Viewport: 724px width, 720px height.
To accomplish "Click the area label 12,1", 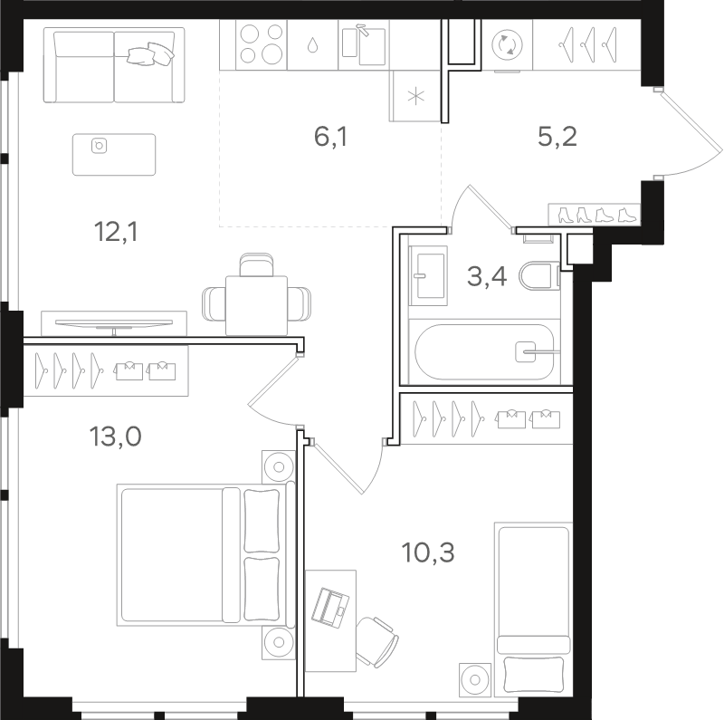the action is click(116, 232).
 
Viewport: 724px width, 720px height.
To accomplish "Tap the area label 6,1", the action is click(330, 137).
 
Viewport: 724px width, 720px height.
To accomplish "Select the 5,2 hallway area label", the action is click(557, 137).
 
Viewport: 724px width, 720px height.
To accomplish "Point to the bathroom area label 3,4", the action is click(487, 277).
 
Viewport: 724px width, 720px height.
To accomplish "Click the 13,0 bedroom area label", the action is click(116, 437).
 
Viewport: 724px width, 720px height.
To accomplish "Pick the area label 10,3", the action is click(428, 552).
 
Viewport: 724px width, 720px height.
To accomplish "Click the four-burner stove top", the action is click(262, 44).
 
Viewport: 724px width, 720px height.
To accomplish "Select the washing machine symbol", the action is click(507, 45).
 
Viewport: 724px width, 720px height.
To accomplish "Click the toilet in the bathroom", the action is click(539, 276).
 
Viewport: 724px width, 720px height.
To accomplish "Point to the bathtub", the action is click(484, 352).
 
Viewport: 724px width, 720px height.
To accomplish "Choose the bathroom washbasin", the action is click(428, 275).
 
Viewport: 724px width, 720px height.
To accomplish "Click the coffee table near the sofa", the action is click(114, 155).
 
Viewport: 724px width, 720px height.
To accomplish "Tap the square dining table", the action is click(256, 305).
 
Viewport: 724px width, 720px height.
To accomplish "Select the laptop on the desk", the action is click(330, 608).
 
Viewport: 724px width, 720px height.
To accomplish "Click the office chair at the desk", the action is click(376, 641).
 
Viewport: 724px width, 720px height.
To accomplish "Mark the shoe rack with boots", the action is click(595, 215).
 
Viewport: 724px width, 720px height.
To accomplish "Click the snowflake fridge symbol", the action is click(416, 97).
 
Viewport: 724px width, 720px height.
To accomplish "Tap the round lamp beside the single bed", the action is click(474, 680).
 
